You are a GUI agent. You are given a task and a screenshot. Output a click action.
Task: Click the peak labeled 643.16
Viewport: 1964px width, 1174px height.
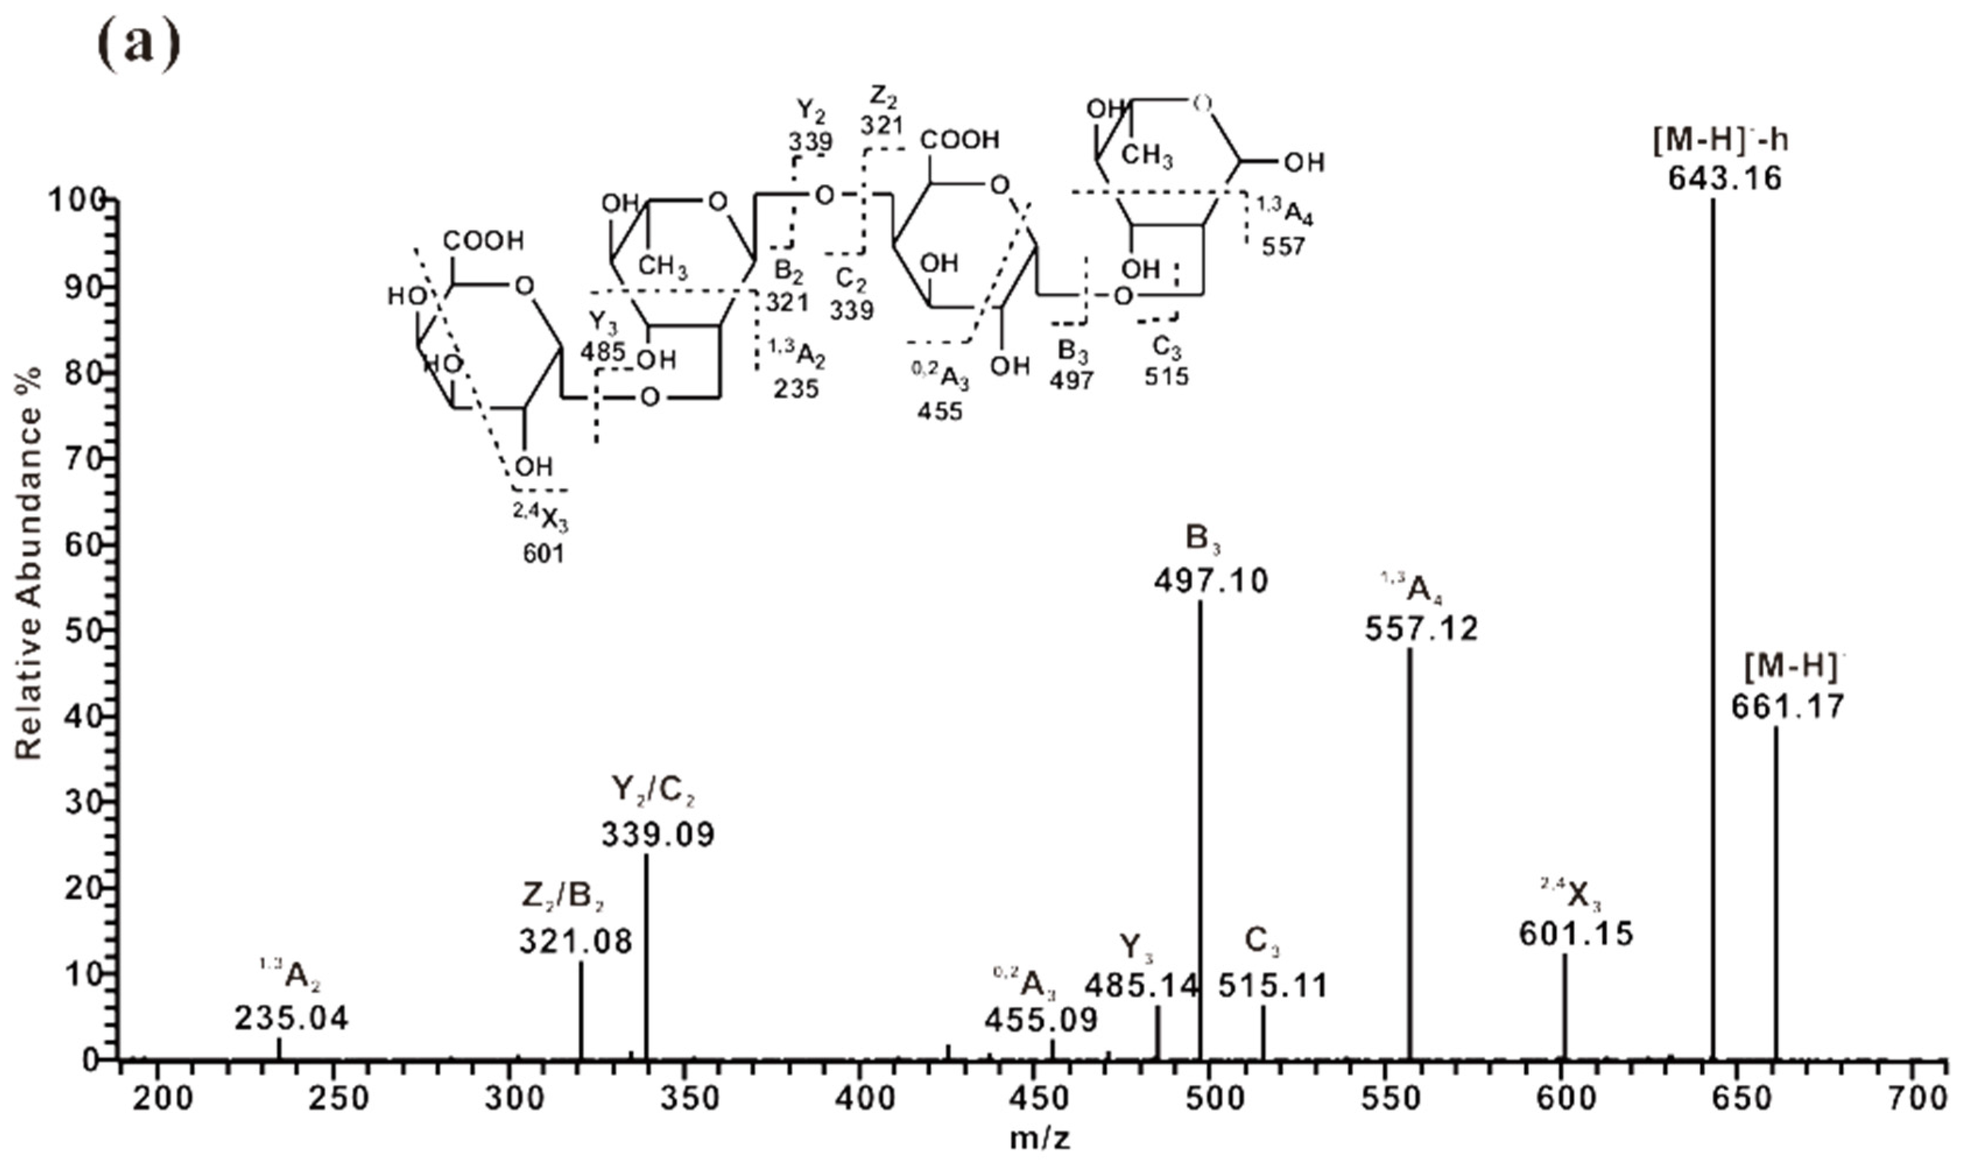1713,633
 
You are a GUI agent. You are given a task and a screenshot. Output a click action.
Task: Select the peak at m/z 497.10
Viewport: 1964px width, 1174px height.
1200,831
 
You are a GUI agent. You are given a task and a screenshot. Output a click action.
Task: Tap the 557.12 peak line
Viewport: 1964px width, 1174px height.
1409,854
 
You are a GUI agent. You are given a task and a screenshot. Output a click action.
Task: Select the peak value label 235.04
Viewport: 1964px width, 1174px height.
291,1019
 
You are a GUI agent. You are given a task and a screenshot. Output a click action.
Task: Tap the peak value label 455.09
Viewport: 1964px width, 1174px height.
1041,1021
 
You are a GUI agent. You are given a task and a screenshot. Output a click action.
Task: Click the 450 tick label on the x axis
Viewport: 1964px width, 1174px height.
1034,1099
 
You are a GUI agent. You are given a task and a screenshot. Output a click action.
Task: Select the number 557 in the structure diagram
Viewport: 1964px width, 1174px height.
1282,247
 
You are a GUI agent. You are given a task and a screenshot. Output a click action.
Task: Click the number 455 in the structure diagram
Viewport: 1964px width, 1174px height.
940,411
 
